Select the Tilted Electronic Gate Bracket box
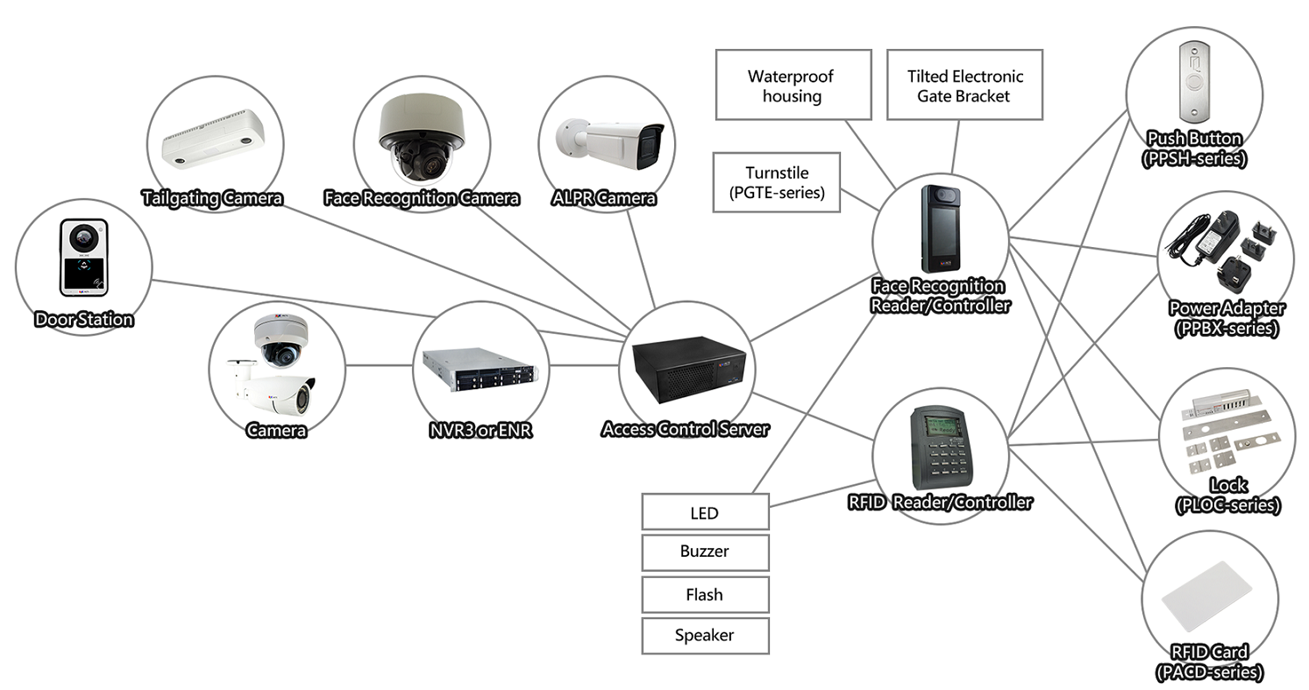(x=964, y=85)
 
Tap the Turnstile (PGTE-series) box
(x=778, y=182)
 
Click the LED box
(x=705, y=512)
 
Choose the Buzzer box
(x=705, y=552)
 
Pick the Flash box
(x=705, y=594)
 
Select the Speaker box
(x=705, y=636)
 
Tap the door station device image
(x=83, y=257)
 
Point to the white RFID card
(x=1211, y=606)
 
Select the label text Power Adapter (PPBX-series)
(x=1226, y=319)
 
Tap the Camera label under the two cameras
(x=276, y=430)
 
